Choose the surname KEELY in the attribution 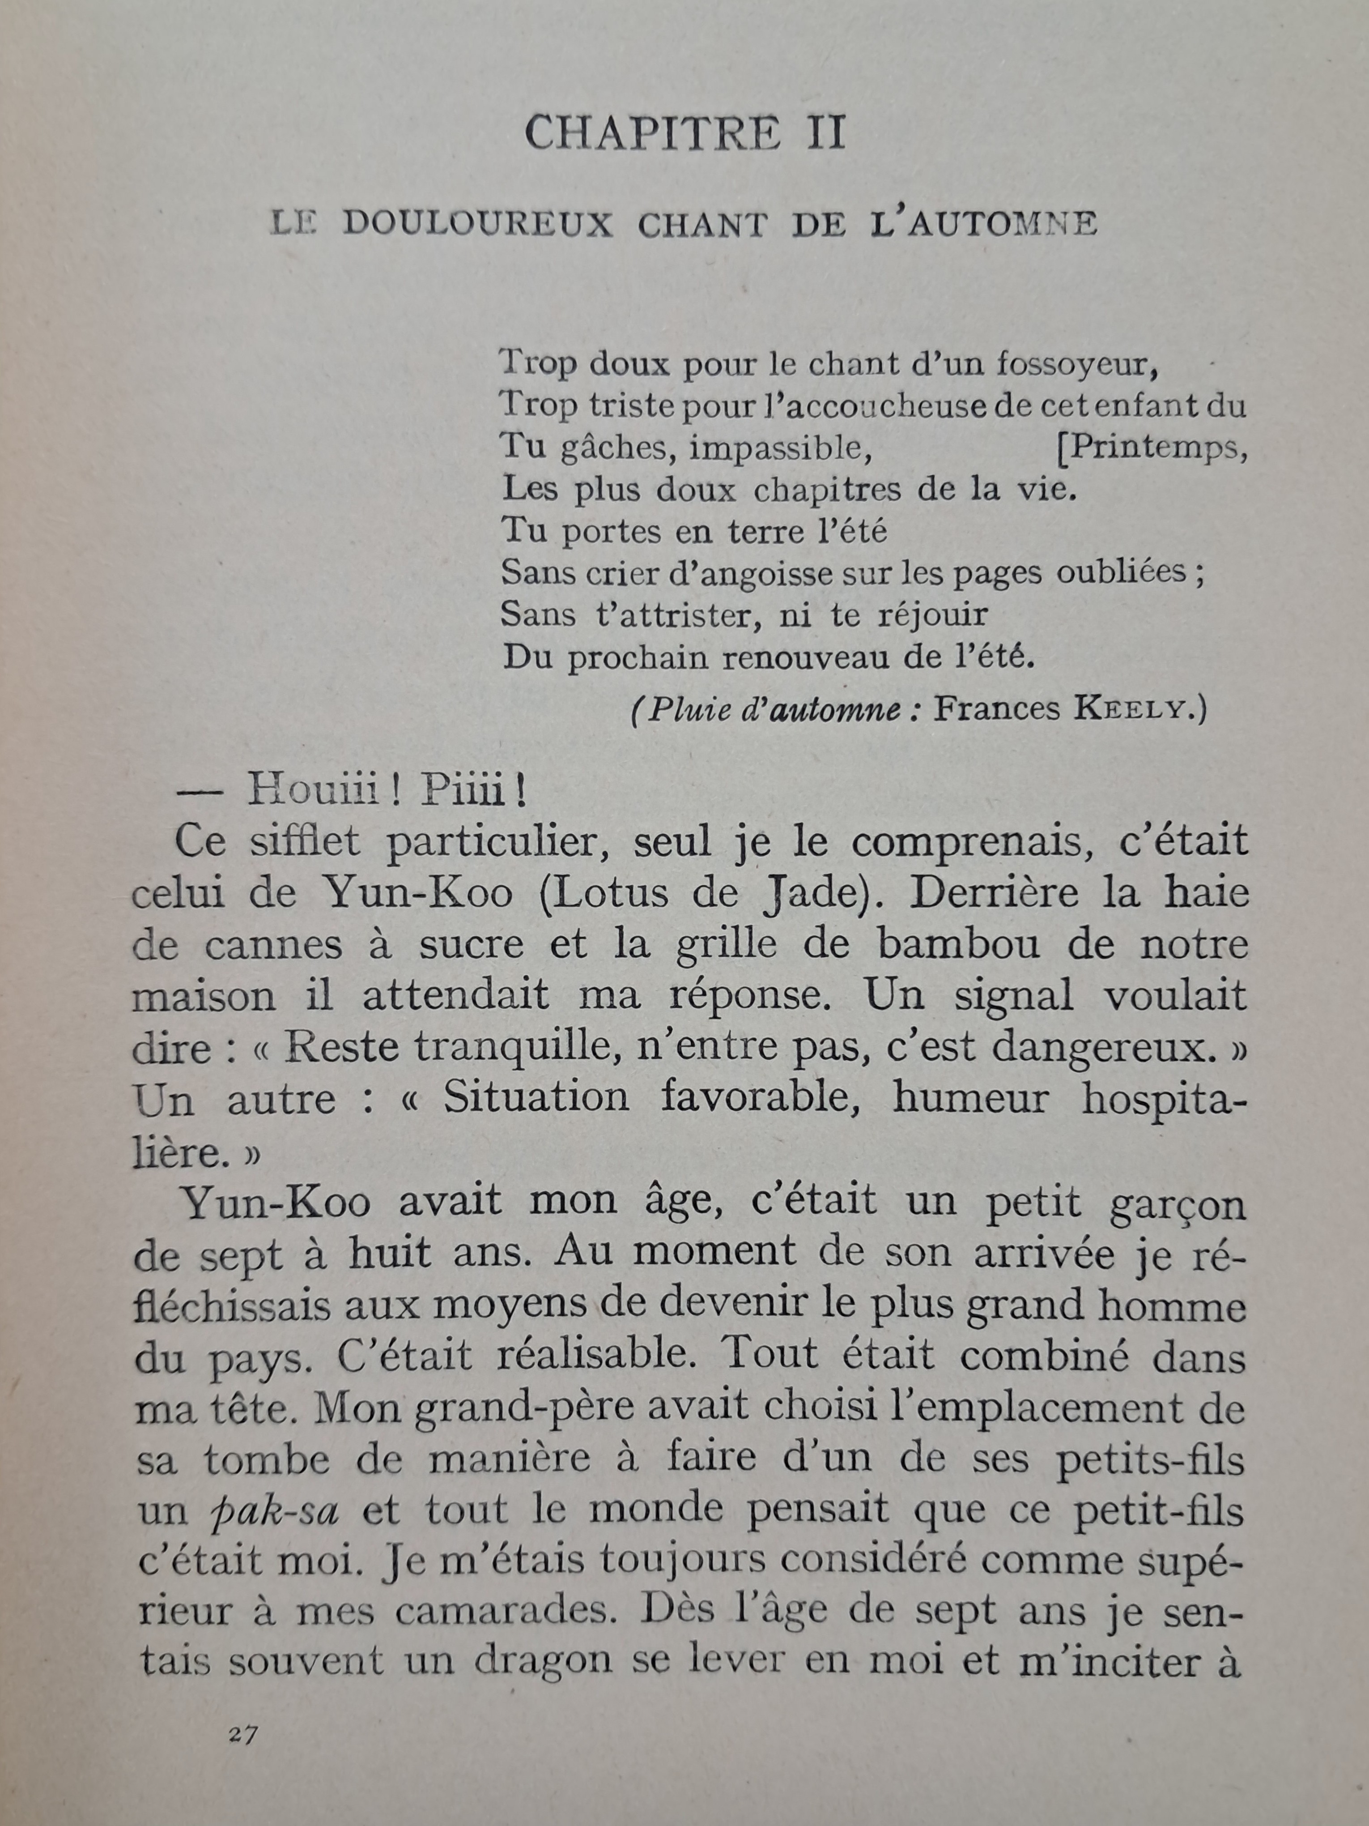point(1135,710)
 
